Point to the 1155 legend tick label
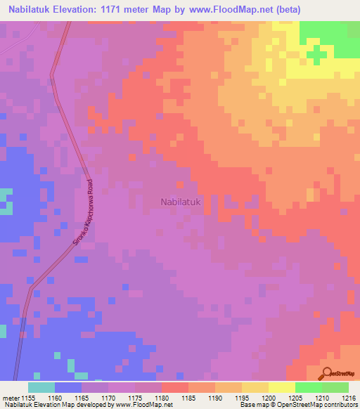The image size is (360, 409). point(27,397)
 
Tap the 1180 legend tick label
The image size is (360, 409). point(162,397)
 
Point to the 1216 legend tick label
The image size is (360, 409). point(349,397)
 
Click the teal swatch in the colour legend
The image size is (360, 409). point(41,387)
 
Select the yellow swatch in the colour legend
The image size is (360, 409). point(282,387)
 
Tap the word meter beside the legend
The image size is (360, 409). point(10,397)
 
